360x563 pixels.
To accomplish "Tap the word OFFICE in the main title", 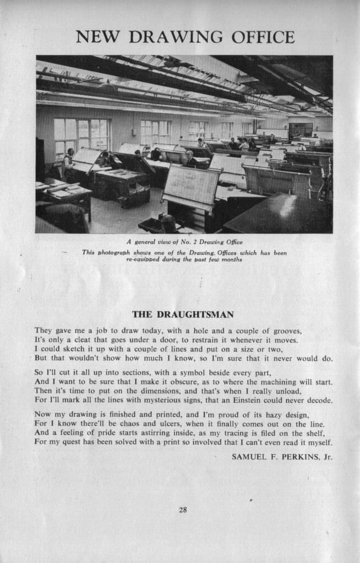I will [263, 38].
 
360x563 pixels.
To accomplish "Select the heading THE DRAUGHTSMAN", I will [183, 315].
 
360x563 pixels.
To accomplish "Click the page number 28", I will [183, 510].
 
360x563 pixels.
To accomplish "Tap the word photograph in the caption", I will [115, 253].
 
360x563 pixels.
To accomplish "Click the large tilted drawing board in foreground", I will [190, 187].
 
